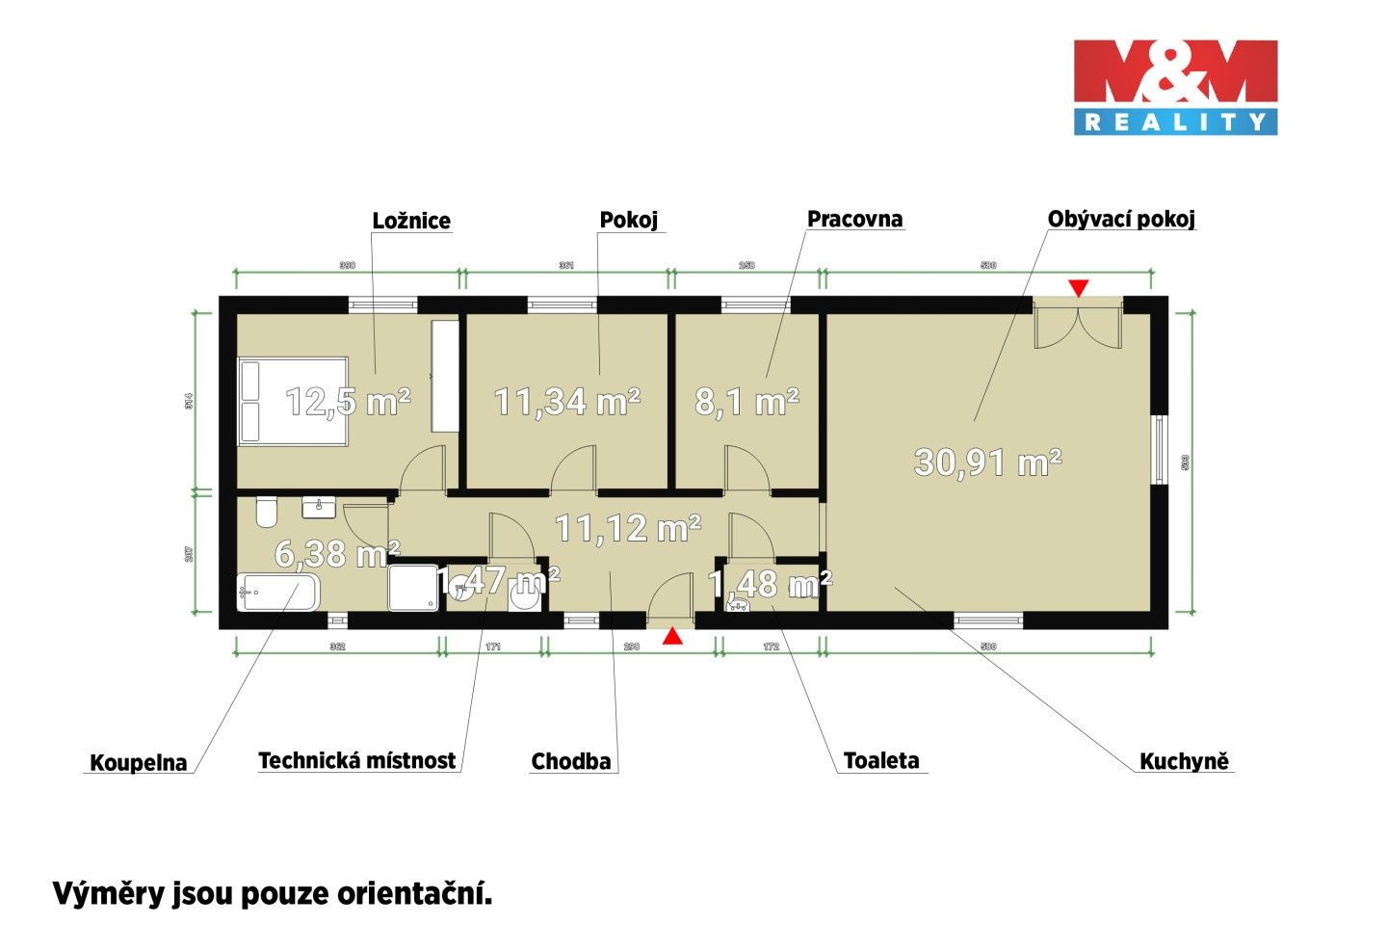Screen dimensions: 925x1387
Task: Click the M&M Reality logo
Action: coord(1175,86)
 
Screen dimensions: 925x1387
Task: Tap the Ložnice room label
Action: coord(411,221)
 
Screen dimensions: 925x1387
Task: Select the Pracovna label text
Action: coord(854,219)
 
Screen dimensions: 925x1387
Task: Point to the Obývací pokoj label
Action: coord(1121,219)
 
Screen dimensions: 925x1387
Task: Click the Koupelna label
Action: coord(138,763)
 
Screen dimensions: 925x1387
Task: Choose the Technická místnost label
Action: coord(356,760)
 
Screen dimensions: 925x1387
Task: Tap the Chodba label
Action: coord(571,761)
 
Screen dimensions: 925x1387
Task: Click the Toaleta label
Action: coord(881,760)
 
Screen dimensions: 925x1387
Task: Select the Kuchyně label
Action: coord(1184,761)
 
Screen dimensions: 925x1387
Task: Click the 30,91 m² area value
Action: coord(987,462)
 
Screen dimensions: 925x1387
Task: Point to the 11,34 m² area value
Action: coord(567,401)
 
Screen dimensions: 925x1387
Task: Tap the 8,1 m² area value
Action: coord(746,401)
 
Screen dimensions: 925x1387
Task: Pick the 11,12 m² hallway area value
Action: coord(628,527)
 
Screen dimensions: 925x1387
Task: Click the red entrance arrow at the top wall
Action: coord(1079,287)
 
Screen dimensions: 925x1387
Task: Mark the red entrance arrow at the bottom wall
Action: coord(672,636)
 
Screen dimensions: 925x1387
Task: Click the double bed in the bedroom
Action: coord(292,401)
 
